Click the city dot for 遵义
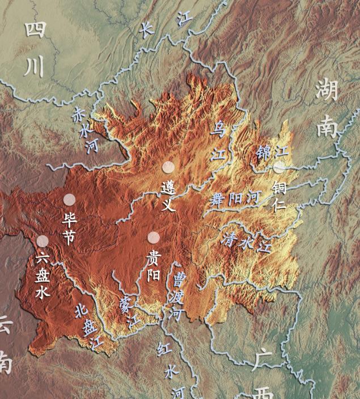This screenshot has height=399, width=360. [x=168, y=167]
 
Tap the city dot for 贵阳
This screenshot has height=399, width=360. [x=153, y=237]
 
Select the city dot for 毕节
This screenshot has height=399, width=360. [x=69, y=199]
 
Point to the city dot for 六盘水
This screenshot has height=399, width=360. [x=43, y=241]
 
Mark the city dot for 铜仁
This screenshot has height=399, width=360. [x=279, y=167]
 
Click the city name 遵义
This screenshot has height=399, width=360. [x=168, y=196]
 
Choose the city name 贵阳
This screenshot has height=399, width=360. [x=153, y=266]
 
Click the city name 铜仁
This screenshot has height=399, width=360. [x=279, y=196]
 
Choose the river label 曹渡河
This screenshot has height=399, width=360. [x=177, y=296]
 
